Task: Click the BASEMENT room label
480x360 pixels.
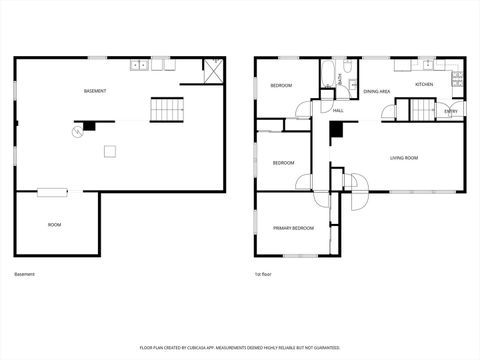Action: click(96, 91)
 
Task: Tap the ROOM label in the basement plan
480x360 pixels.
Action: click(54, 225)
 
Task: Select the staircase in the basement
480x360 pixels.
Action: click(167, 110)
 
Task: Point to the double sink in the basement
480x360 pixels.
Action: click(140, 66)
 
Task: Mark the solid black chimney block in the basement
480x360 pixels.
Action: click(90, 126)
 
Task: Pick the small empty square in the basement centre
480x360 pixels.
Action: click(111, 152)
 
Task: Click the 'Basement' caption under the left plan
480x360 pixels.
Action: click(24, 274)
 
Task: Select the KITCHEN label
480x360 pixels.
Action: click(424, 86)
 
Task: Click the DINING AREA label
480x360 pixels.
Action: click(376, 92)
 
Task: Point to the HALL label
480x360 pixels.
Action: click(338, 110)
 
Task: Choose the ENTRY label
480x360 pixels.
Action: click(451, 111)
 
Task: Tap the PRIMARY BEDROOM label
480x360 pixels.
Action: click(294, 228)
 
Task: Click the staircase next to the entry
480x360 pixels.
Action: click(424, 109)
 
